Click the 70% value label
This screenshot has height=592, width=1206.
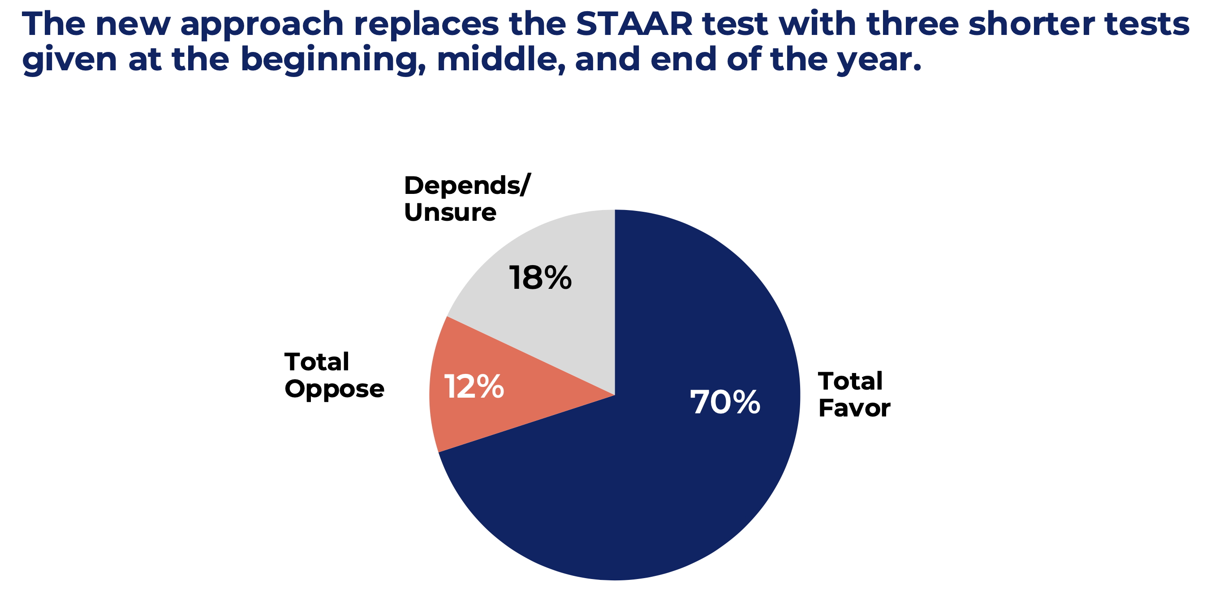point(725,403)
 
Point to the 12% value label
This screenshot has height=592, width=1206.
point(474,386)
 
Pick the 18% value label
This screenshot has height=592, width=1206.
point(540,278)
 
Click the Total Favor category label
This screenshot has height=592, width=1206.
point(854,395)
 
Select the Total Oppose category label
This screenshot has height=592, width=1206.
point(334,376)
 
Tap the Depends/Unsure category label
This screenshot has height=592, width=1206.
point(467,198)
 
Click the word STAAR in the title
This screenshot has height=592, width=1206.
point(634,24)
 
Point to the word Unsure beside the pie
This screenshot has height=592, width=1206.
point(450,212)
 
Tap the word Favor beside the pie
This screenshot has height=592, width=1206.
point(854,408)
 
